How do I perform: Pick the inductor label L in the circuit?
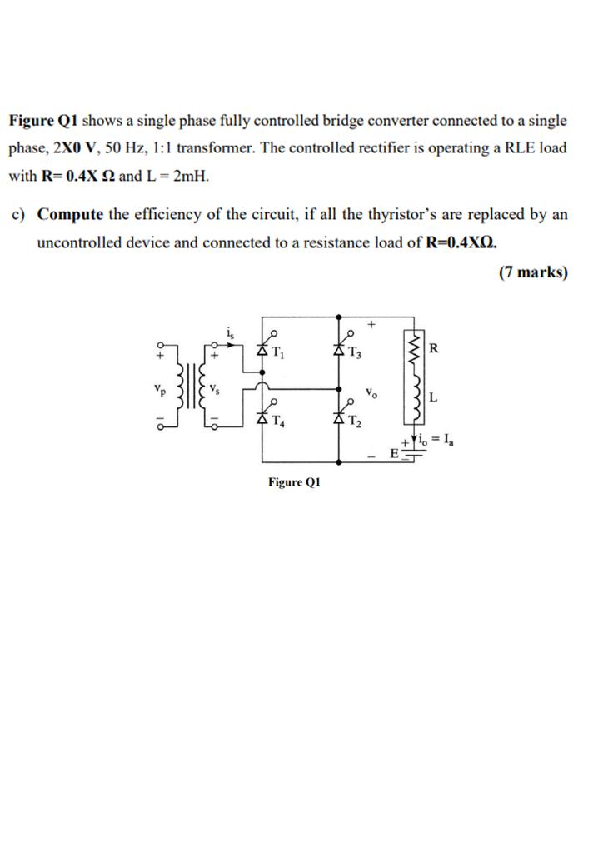click(433, 397)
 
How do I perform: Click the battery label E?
click(395, 454)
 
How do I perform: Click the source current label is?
click(230, 333)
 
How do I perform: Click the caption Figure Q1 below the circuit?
click(294, 482)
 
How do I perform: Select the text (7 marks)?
click(533, 272)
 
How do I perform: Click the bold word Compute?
click(70, 214)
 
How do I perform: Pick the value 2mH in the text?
click(190, 177)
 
